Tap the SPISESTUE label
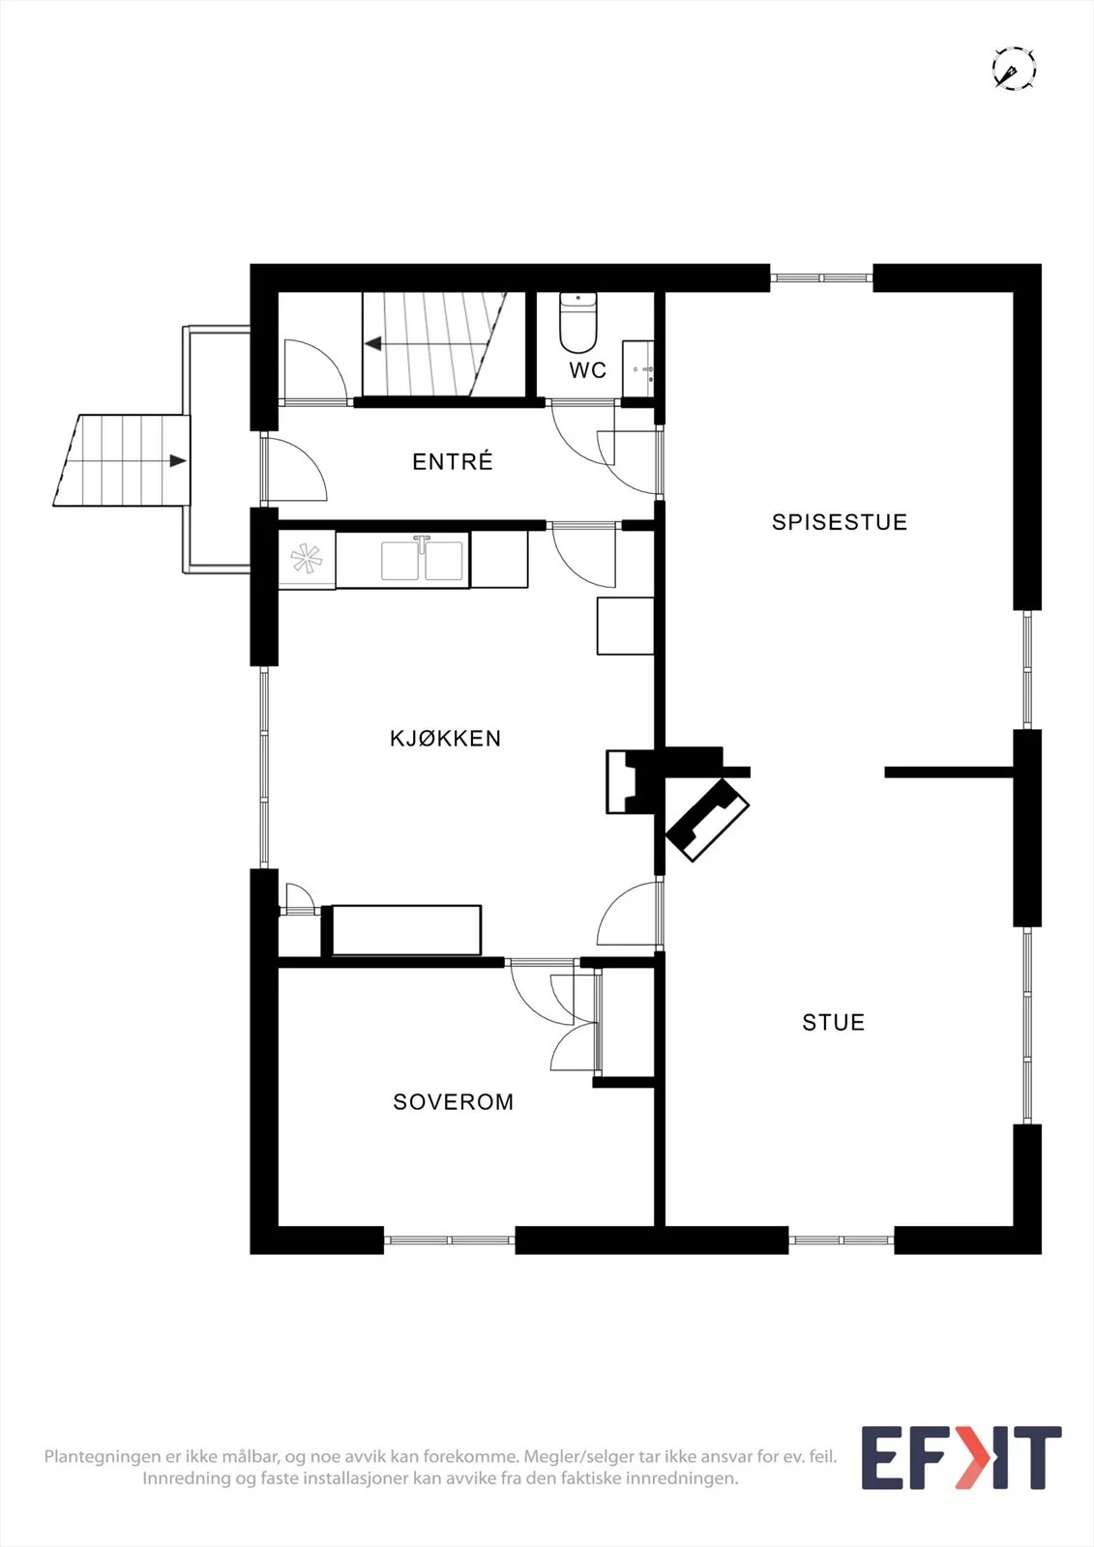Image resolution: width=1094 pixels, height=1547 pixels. (840, 522)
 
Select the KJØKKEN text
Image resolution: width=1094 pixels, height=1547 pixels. (445, 739)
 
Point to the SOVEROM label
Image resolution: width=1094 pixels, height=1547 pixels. (454, 1101)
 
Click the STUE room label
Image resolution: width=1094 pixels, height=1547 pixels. (834, 1022)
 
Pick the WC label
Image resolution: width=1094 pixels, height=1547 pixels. (588, 370)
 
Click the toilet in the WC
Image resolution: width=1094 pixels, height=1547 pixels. (577, 322)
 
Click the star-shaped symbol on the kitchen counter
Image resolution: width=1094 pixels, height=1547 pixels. (307, 559)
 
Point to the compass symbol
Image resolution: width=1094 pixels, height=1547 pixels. (1015, 69)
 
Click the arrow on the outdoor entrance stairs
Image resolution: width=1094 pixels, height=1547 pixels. (178, 460)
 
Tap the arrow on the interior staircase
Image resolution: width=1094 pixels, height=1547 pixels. (373, 343)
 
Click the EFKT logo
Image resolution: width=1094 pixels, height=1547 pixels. (961, 1458)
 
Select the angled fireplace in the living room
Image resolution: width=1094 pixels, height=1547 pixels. (708, 820)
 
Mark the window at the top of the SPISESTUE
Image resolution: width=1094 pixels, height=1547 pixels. (822, 277)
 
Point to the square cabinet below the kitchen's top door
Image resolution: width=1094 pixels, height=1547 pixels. (626, 626)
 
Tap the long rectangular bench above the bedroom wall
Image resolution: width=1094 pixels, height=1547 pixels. (406, 929)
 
